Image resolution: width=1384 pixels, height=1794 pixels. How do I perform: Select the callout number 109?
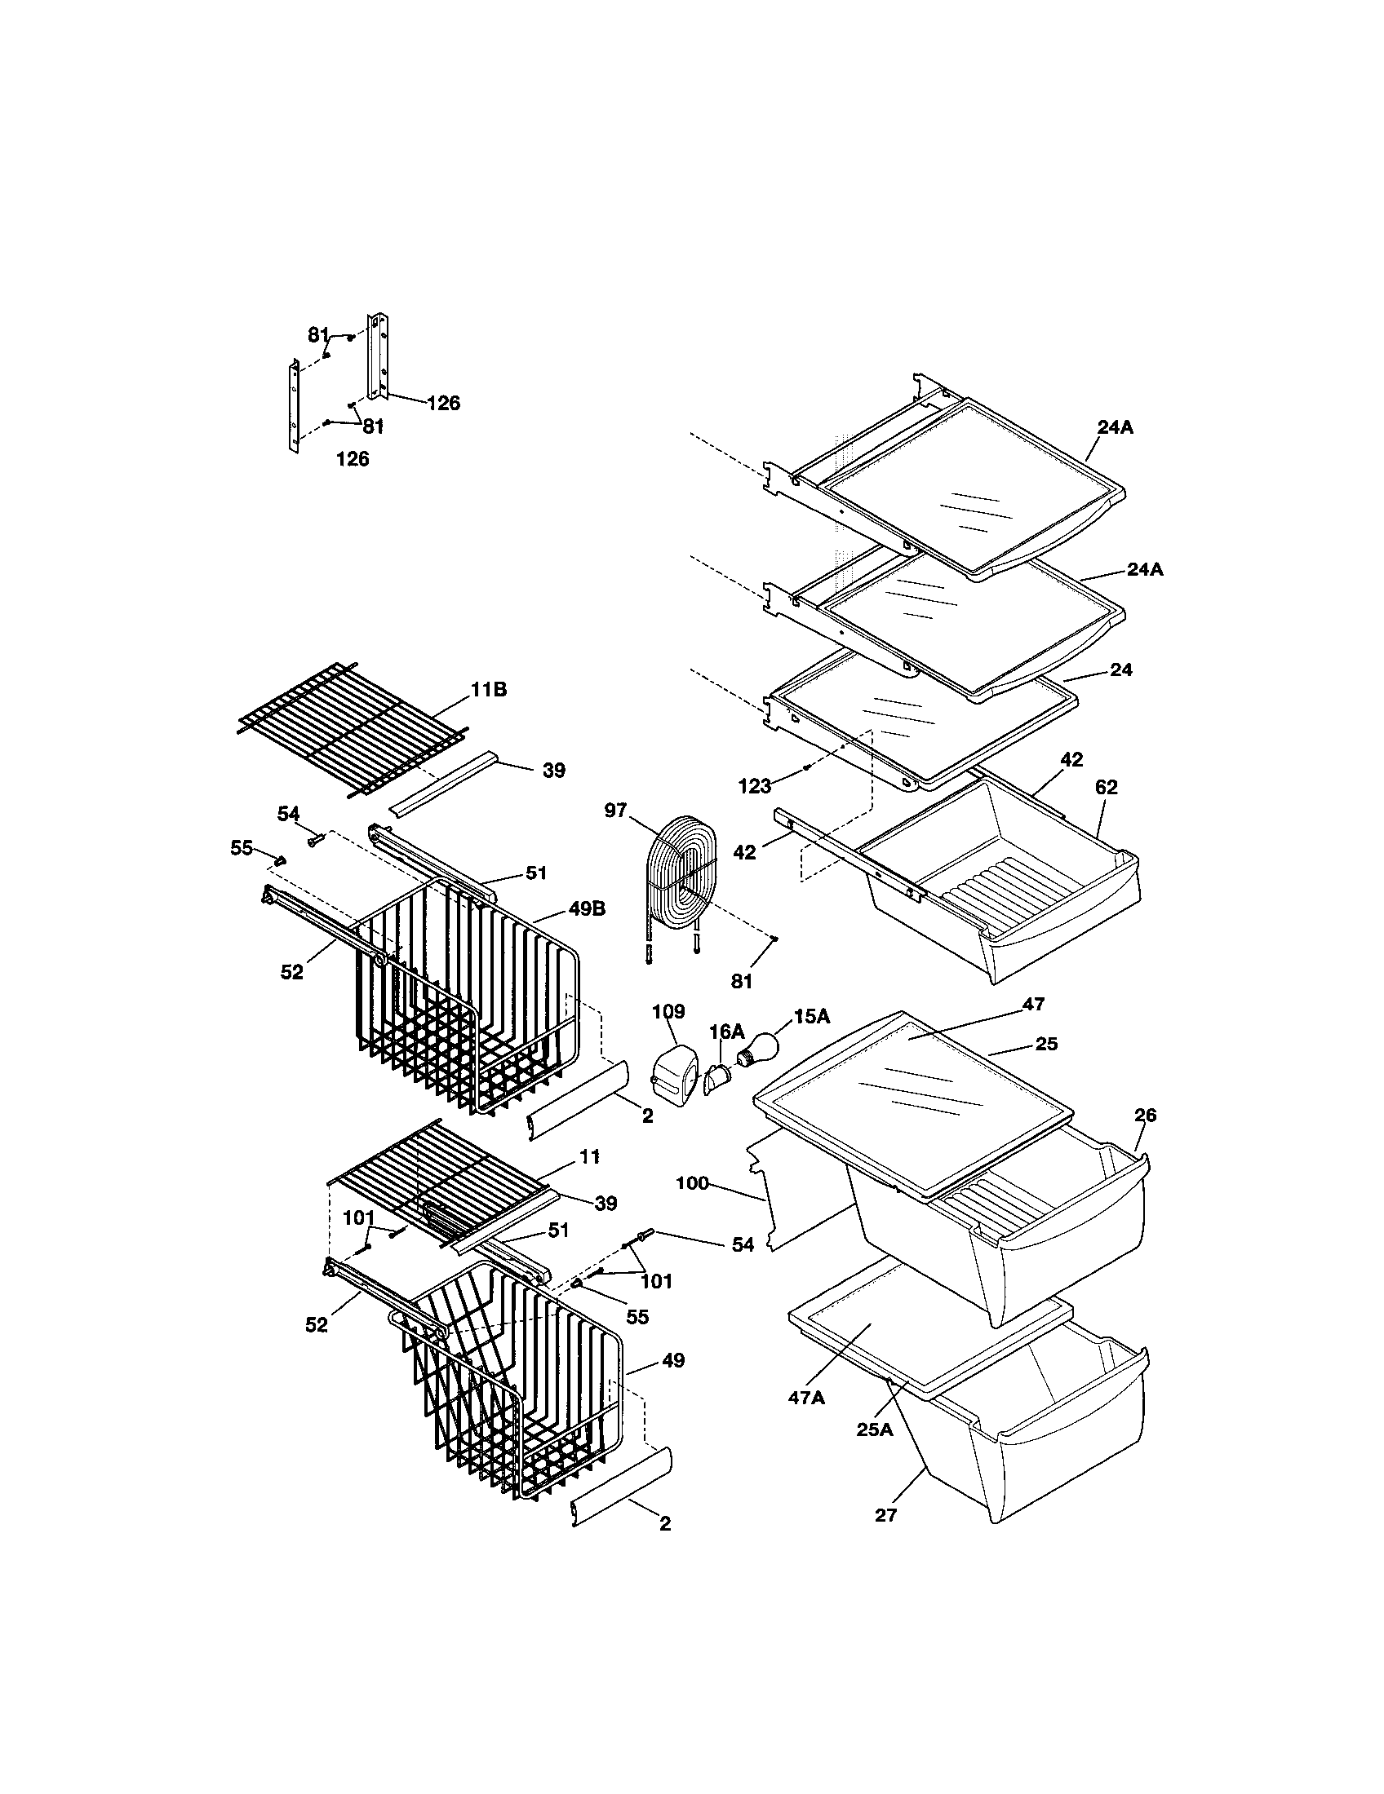pos(668,1011)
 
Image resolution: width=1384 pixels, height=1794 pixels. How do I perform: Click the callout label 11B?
pos(488,690)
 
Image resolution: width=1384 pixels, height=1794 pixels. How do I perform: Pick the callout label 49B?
pos(587,909)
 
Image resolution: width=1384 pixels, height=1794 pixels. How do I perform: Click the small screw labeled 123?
pos(807,767)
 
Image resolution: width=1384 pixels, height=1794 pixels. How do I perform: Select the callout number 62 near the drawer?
pos(1107,787)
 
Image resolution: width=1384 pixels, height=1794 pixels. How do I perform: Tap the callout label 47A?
pos(806,1397)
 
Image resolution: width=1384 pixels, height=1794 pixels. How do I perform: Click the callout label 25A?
pos(875,1429)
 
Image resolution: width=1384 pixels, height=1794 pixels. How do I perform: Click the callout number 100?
pos(692,1184)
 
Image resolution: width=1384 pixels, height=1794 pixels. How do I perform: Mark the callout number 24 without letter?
pos(1121,669)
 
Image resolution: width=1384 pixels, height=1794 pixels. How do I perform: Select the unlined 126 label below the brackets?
pos(353,459)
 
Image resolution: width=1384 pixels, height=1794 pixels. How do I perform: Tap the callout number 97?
pos(615,811)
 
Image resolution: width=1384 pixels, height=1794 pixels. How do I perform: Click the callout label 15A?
pos(811,1017)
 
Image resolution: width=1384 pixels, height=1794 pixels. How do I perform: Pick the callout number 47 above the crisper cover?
pos(1033,1003)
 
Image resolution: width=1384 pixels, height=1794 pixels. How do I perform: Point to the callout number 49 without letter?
pos(673,1361)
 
